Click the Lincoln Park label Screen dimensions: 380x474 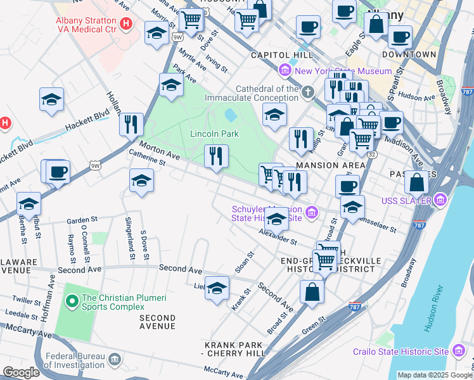(214, 134)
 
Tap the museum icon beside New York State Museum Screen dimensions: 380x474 (285, 71)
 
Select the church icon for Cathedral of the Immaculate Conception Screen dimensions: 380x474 (308, 93)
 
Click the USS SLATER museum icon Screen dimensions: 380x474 (440, 201)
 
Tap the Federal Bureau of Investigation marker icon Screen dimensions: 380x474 (115, 360)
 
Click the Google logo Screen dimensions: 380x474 (22, 372)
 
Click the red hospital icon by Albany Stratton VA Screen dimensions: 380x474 (126, 24)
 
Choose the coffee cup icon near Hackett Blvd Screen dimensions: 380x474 (58, 172)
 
